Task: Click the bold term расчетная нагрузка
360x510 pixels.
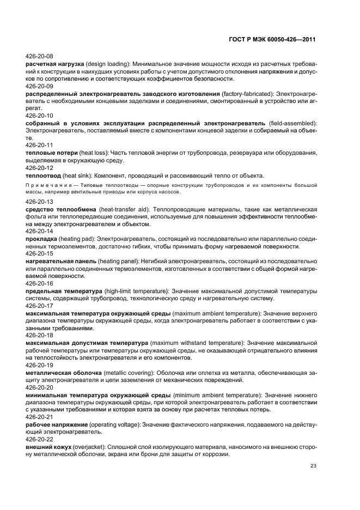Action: click(x=53, y=63)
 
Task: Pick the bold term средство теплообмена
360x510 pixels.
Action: click(x=62, y=209)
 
